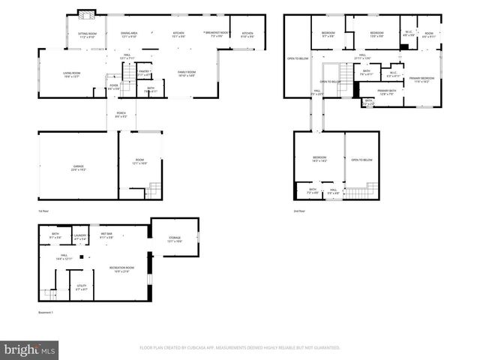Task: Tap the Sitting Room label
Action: [88, 34]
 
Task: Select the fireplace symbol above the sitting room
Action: [87, 14]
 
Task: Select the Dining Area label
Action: [129, 34]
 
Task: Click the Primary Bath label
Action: [387, 92]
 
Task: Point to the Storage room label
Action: [174, 239]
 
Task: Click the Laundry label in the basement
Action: [80, 236]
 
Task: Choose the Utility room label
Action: [81, 286]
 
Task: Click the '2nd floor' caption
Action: [300, 213]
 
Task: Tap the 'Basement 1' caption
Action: [47, 313]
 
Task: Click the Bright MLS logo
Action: [30, 349]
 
